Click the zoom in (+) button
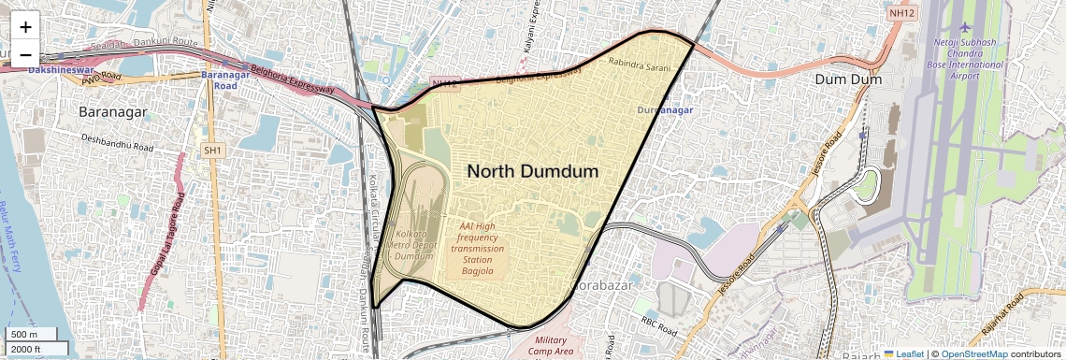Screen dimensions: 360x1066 pyautogui.click(x=25, y=27)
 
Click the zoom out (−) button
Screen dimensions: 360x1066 pyautogui.click(x=25, y=53)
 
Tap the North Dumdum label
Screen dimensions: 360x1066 pyautogui.click(x=532, y=171)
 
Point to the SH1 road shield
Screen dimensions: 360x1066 pyautogui.click(x=214, y=150)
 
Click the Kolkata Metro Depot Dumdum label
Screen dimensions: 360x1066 pyautogui.click(x=412, y=245)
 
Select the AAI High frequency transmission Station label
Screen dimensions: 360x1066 pyautogui.click(x=477, y=248)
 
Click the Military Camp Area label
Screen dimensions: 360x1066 pyautogui.click(x=551, y=345)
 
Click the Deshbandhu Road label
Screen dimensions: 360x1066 pyautogui.click(x=117, y=143)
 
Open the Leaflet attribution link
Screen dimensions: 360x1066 pyautogui.click(x=902, y=354)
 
